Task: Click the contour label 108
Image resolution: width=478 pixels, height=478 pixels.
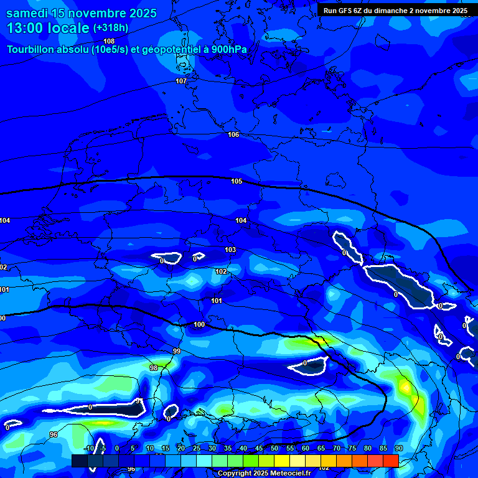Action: coord(109,41)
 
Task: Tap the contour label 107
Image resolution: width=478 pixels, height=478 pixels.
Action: coord(181,82)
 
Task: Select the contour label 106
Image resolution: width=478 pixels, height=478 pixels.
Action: coord(233,135)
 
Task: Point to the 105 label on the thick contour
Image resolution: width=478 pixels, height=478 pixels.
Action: coord(237,181)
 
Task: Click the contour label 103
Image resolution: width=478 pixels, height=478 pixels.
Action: coord(230,250)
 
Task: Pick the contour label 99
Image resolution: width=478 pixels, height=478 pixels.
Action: coord(177,352)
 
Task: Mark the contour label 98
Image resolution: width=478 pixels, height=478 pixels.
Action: coord(154,368)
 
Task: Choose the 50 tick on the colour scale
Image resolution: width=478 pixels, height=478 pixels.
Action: coord(274,448)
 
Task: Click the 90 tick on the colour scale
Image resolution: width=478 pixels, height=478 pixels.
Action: coord(398,448)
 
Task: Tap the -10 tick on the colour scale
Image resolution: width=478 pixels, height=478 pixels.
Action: coord(88,448)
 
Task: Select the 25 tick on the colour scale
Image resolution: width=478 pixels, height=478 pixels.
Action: coord(197,448)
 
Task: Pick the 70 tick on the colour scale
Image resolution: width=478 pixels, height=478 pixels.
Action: coord(337,448)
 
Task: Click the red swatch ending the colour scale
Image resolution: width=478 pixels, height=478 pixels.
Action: coord(390,461)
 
